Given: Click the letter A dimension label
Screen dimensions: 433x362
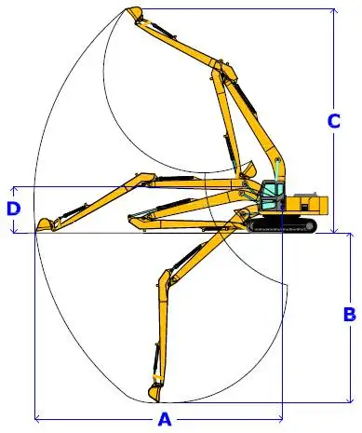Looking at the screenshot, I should [x=166, y=418].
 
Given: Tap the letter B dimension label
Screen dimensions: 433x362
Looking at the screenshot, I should [x=349, y=314].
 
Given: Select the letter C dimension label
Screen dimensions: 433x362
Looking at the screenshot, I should [x=333, y=120].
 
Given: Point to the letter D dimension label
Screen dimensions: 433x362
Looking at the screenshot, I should [x=13, y=209].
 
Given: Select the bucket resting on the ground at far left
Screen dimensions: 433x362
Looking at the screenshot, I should [x=44, y=223].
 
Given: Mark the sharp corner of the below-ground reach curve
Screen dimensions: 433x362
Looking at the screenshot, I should [x=280, y=278].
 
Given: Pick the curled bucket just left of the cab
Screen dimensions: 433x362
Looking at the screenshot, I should [x=248, y=169].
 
